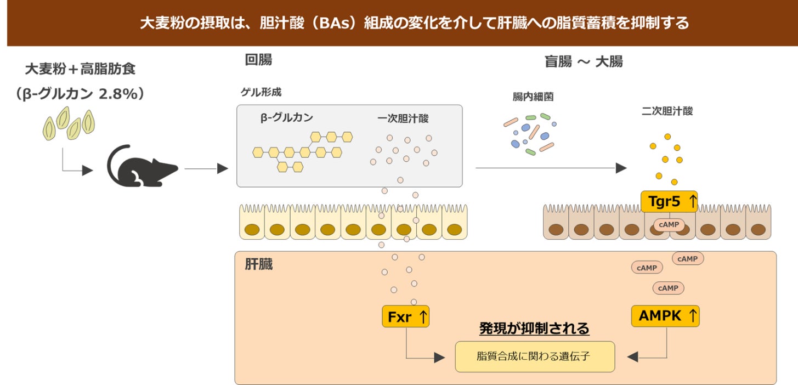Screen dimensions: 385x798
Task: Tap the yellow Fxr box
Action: click(x=405, y=316)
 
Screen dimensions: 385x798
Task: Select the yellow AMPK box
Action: click(x=665, y=316)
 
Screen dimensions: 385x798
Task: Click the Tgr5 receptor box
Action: click(x=669, y=201)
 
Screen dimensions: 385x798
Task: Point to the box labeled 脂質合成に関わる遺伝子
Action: click(x=534, y=356)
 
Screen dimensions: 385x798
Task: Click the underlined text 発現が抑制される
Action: click(x=534, y=329)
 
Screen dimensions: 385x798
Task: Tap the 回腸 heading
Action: click(x=258, y=60)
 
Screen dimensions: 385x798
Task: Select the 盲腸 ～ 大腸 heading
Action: click(x=583, y=61)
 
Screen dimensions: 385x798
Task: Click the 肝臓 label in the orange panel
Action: click(x=259, y=265)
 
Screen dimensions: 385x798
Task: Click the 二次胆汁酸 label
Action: click(x=667, y=111)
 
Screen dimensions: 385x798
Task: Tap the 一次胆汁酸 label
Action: click(x=403, y=118)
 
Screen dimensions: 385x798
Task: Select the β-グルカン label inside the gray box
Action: click(x=287, y=118)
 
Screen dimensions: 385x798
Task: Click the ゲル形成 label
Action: click(x=261, y=92)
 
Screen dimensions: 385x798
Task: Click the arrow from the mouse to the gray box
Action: click(x=206, y=168)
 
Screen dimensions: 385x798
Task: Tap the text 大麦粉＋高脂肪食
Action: click(x=80, y=69)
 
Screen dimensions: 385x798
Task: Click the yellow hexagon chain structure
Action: click(x=302, y=151)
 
